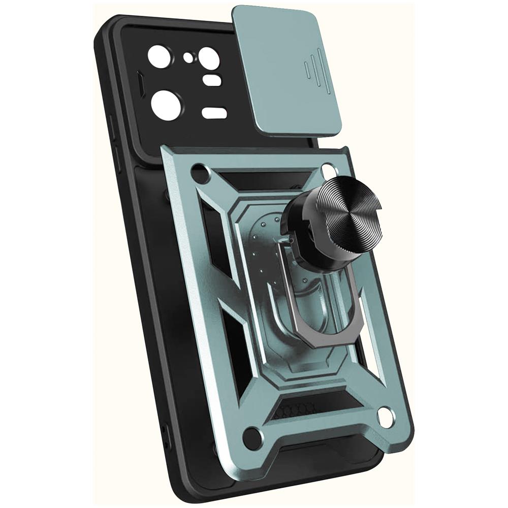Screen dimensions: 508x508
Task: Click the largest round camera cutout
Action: pyautogui.click(x=166, y=105)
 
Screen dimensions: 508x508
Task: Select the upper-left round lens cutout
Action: pyautogui.click(x=159, y=56)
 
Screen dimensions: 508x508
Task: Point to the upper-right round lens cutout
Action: pyautogui.click(x=209, y=57)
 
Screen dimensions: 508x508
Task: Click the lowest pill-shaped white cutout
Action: pyautogui.click(x=214, y=113)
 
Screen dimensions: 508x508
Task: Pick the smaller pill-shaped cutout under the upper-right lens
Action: pyautogui.click(x=212, y=80)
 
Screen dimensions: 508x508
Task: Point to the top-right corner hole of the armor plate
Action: pyautogui.click(x=329, y=170)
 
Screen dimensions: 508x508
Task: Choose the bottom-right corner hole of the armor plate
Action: pyautogui.click(x=386, y=417)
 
